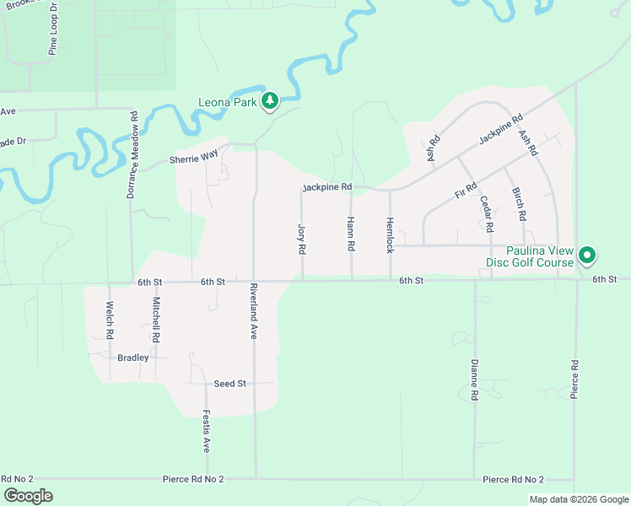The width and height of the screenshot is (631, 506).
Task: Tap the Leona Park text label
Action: pos(226,103)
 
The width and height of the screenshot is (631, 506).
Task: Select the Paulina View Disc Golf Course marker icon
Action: pos(587,254)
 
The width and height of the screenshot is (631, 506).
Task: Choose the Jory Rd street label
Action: pos(301,240)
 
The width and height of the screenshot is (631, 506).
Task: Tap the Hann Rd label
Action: pos(351,234)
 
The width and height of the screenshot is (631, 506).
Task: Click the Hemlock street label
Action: pos(390,235)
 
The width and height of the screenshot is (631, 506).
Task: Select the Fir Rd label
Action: pos(466,191)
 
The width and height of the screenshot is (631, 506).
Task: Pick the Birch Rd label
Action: pos(520,205)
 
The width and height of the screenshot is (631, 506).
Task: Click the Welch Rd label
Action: pos(110,320)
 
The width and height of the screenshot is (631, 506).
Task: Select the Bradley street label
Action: pos(132,358)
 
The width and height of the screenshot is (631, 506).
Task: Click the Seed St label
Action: pos(229,384)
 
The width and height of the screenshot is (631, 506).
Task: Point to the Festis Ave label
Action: pos(206,432)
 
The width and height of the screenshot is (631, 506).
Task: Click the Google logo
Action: pos(28,495)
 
